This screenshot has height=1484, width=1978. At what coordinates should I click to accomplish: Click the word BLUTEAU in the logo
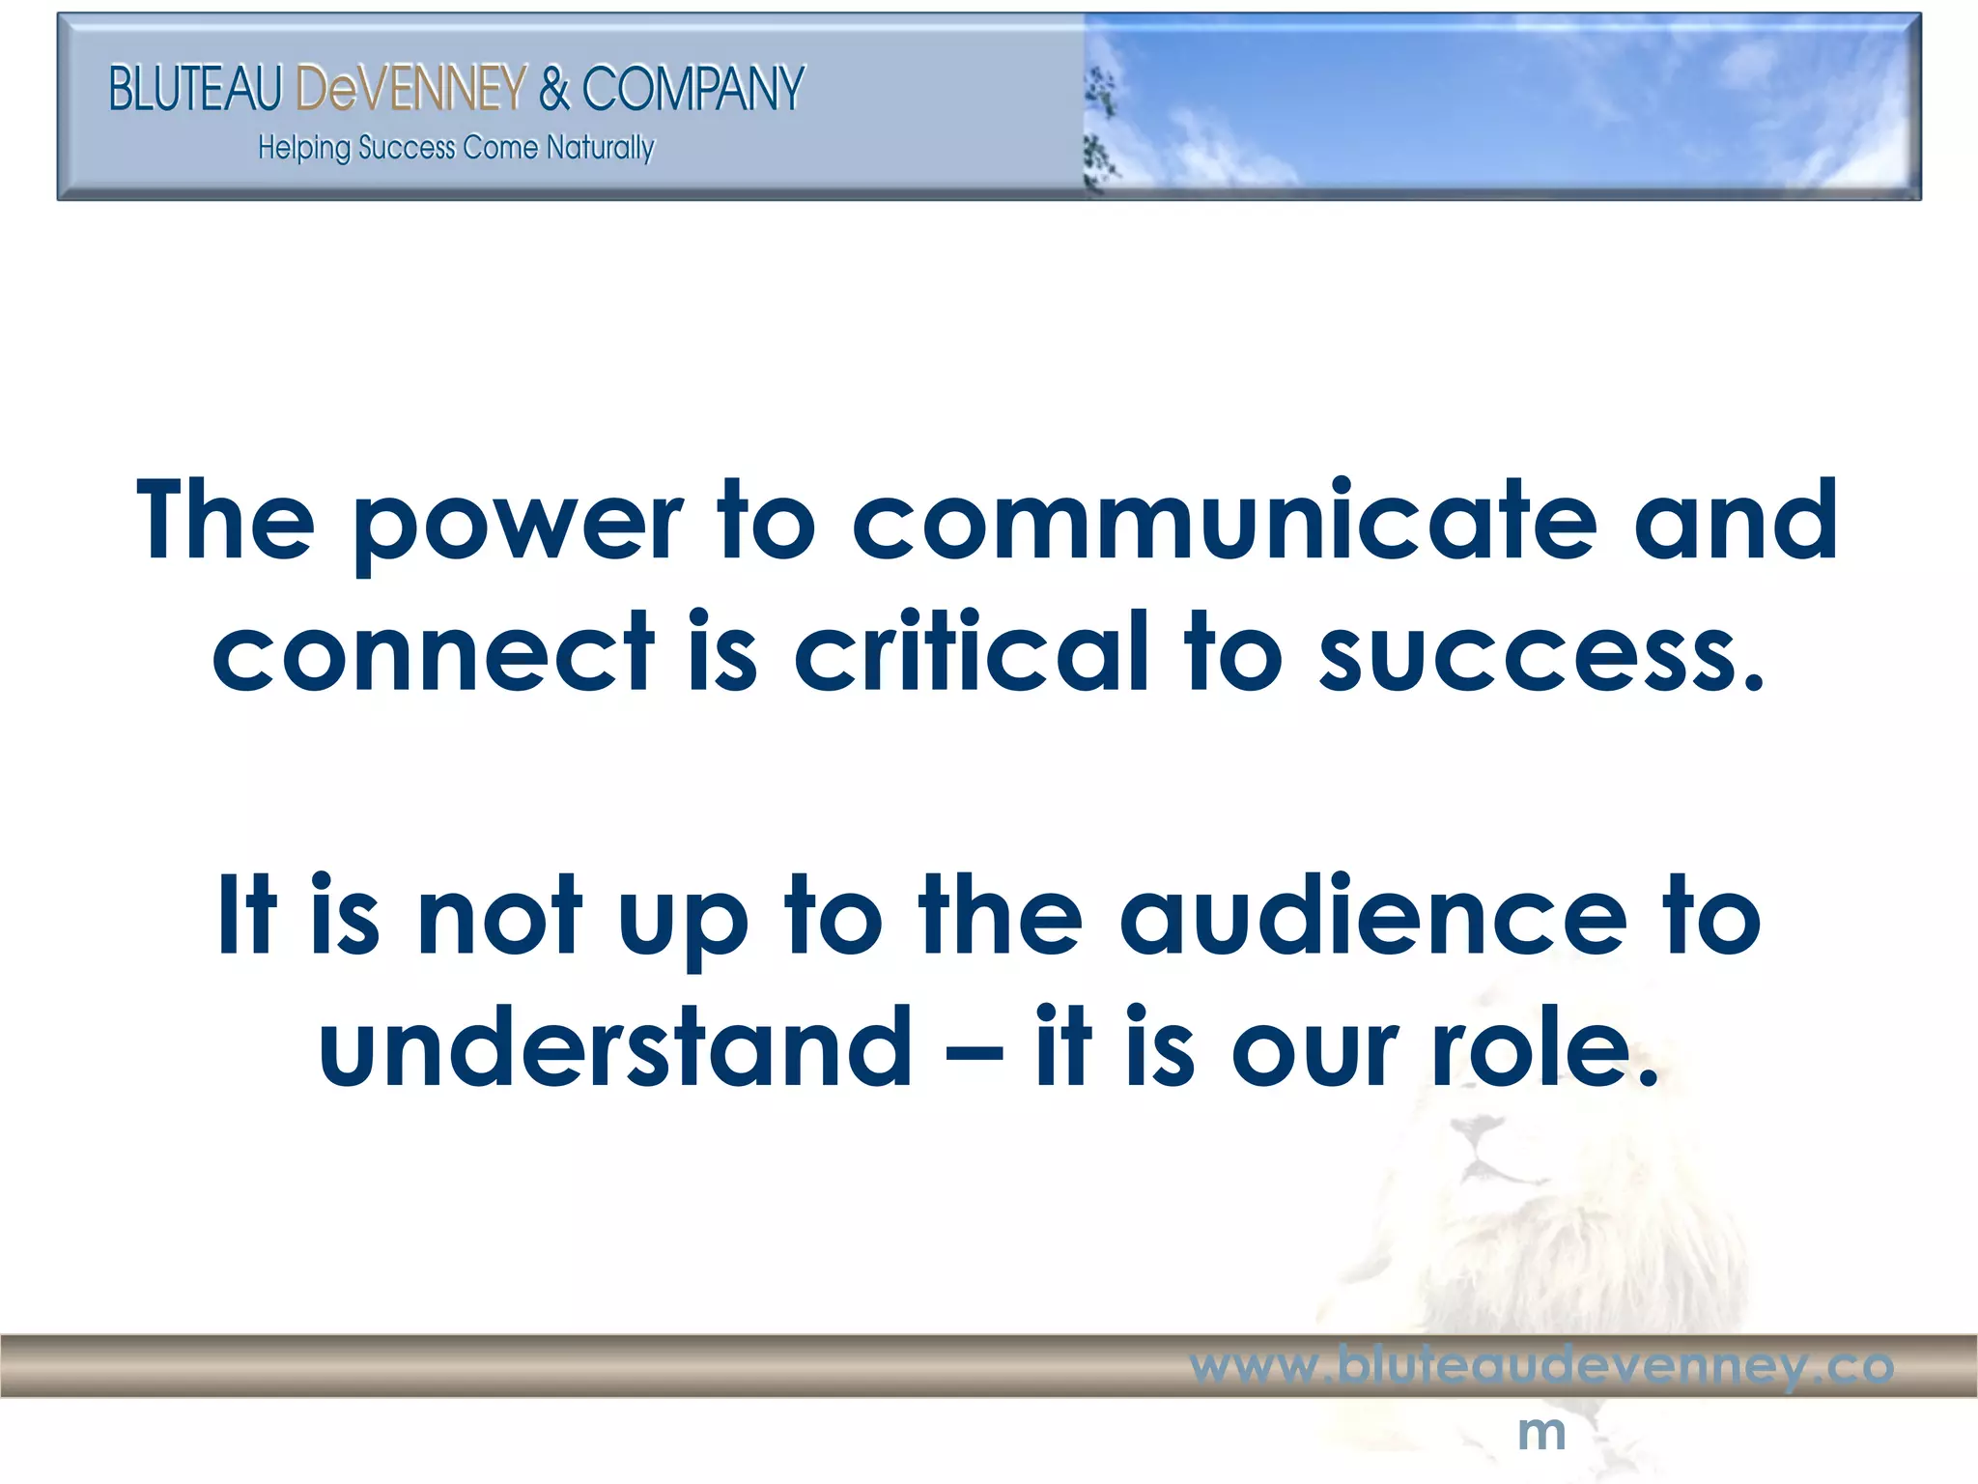coord(194,89)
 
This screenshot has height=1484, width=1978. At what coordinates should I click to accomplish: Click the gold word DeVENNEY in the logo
coord(410,89)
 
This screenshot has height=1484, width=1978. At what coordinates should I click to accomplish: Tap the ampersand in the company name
coord(554,89)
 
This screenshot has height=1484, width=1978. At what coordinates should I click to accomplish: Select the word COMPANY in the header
coord(692,89)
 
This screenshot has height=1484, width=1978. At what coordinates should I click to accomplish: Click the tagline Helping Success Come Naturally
coord(456,148)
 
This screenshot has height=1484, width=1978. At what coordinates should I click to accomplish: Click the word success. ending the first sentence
coord(1542,655)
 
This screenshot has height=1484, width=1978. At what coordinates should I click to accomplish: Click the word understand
coord(615,1047)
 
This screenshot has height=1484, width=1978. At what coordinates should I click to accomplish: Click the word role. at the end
coord(1545,1047)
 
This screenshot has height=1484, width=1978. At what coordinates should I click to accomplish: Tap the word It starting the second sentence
coord(247,916)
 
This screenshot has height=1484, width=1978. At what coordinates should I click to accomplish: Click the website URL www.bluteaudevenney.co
coord(1541,1365)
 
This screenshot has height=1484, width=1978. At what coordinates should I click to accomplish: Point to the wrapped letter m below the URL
coord(1541,1432)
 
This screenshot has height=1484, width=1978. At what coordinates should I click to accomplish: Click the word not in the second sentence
coord(499,916)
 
